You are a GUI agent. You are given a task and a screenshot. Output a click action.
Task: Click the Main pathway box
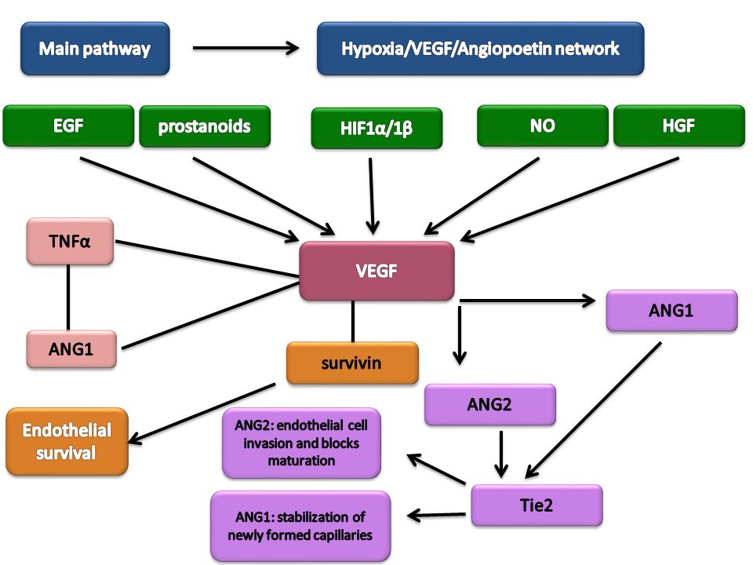(95, 49)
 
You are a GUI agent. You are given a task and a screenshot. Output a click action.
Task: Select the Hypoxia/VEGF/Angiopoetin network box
(480, 49)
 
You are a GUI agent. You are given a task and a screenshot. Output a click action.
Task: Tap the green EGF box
(69, 126)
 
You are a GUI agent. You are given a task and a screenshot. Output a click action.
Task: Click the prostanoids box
(205, 126)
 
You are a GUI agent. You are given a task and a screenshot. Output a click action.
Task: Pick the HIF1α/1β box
(376, 128)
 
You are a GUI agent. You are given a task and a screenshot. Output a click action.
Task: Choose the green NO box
(543, 126)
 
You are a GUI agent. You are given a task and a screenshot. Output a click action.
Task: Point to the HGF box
(679, 126)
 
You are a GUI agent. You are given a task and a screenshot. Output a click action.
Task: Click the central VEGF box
(376, 271)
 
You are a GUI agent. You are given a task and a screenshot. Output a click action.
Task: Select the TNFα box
(70, 241)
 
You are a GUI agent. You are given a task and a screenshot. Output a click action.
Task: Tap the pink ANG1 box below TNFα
(71, 349)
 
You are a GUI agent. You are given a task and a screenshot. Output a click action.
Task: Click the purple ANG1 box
(671, 311)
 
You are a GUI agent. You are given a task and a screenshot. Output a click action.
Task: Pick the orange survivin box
(352, 363)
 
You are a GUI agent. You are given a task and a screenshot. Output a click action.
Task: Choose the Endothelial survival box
(67, 442)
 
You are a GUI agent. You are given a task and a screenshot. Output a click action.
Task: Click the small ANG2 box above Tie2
(489, 405)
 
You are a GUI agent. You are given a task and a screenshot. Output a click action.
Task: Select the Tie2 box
(537, 505)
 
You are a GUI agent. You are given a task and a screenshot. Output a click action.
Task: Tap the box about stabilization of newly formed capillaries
(300, 526)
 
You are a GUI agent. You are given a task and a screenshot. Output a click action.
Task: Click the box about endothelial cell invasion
(301, 443)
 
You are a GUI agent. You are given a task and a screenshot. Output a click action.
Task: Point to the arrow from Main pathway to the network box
(246, 48)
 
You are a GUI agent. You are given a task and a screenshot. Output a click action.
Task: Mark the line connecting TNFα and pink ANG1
(68, 297)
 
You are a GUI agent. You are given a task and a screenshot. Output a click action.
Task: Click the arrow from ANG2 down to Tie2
(501, 454)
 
